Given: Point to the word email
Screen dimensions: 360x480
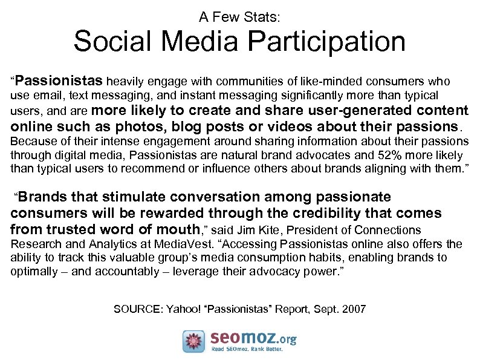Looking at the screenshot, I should tap(47, 96).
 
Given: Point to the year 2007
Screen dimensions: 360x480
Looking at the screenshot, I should tap(354, 309).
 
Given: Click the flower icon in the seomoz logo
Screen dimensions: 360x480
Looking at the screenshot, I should tap(194, 341).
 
